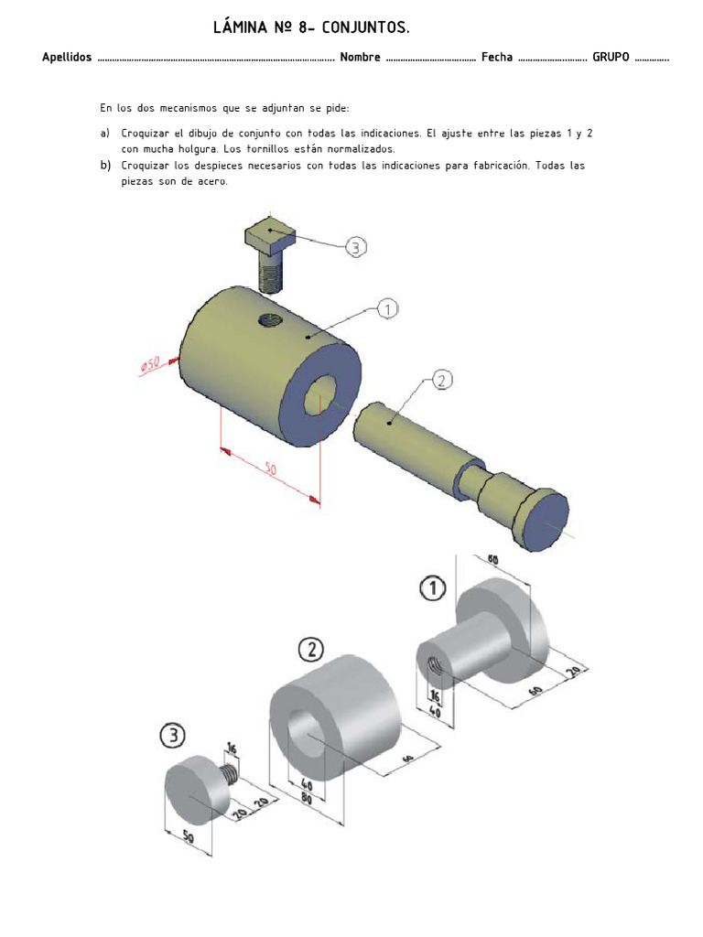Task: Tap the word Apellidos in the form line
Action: pos(67,58)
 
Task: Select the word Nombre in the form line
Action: pos(360,58)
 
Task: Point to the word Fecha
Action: pos(497,58)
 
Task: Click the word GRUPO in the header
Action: pos(611,58)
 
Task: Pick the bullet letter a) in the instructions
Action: pos(105,133)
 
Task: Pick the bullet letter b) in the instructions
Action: pos(105,166)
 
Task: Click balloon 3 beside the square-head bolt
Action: pos(355,247)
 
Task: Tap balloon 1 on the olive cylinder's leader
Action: pos(387,310)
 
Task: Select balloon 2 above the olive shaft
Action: pos(439,381)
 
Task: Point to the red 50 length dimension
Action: pos(271,469)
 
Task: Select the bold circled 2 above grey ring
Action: pos(311,651)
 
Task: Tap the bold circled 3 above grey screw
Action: pos(172,735)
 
